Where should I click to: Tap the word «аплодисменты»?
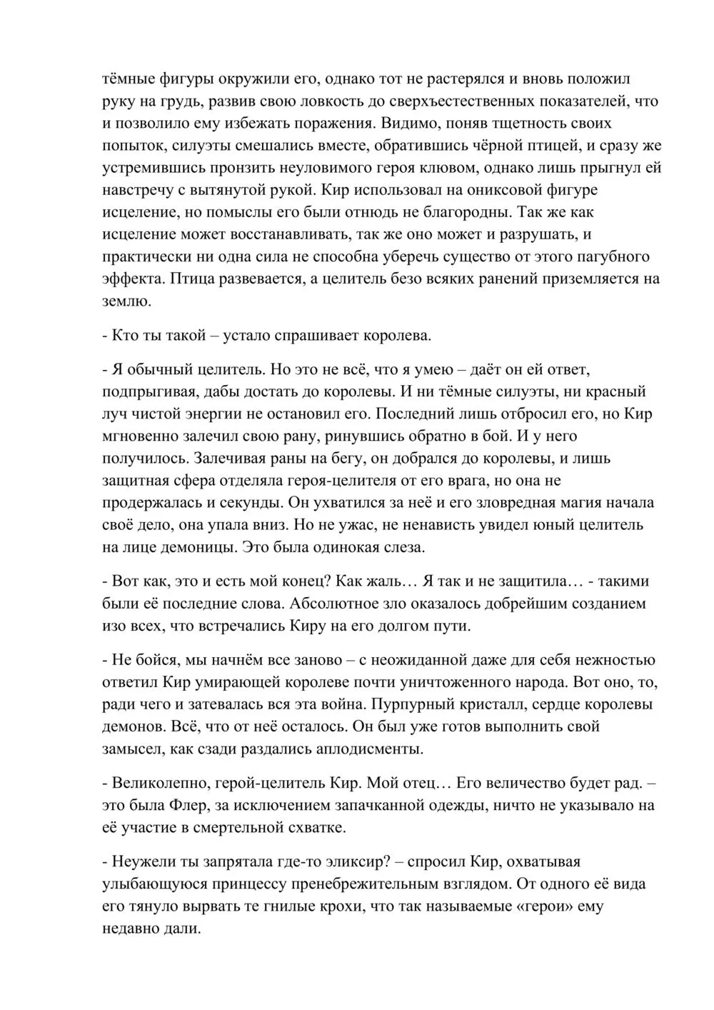pyautogui.click(x=363, y=749)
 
